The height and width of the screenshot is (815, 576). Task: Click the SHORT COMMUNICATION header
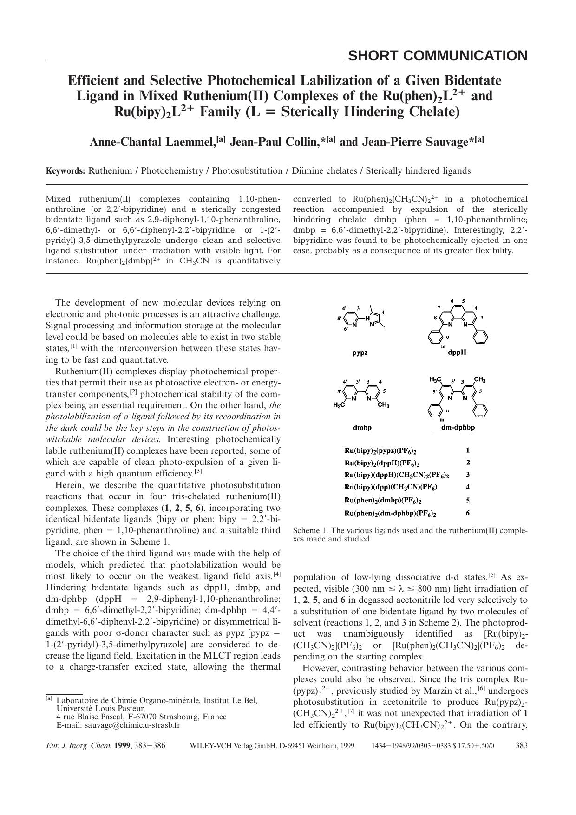[437, 56]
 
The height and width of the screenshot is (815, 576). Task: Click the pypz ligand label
[360, 352]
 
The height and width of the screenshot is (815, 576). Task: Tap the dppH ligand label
[457, 352]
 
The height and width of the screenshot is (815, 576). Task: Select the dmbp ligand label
[362, 428]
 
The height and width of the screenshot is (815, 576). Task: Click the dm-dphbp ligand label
[458, 428]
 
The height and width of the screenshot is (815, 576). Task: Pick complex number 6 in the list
[468, 513]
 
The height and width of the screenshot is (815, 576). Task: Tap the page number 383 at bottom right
[522, 745]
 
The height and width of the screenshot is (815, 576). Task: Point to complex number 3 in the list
[468, 475]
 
